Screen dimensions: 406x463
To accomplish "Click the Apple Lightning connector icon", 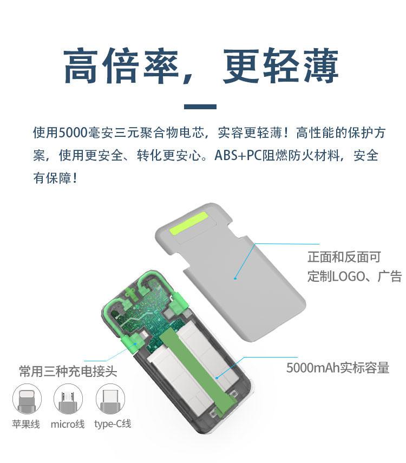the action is point(27,399).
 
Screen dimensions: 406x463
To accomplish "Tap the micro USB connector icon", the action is point(68,399).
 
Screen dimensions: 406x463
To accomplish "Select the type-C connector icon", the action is point(110,399).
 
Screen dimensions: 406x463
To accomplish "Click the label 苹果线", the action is point(26,424).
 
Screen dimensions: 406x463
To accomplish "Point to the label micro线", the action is point(68,424).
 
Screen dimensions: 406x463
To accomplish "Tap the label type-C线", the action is point(113,424).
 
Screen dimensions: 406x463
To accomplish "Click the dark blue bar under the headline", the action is point(200,107).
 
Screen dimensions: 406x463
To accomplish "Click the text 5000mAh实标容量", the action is point(338,368).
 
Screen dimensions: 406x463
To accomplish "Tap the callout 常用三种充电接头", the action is point(68,371).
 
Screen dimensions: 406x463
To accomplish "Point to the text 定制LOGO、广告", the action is point(355,276).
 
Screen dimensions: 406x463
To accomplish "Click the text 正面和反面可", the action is point(344,257).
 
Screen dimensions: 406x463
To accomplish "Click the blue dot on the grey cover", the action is point(235,278).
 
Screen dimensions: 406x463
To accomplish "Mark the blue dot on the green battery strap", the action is point(217,378).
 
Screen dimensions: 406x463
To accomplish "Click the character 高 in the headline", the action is point(81,66).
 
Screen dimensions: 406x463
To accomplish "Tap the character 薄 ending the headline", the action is point(321,66).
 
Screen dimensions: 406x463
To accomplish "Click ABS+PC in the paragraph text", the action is point(238,155).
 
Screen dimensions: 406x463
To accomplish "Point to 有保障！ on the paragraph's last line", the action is point(56,178).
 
